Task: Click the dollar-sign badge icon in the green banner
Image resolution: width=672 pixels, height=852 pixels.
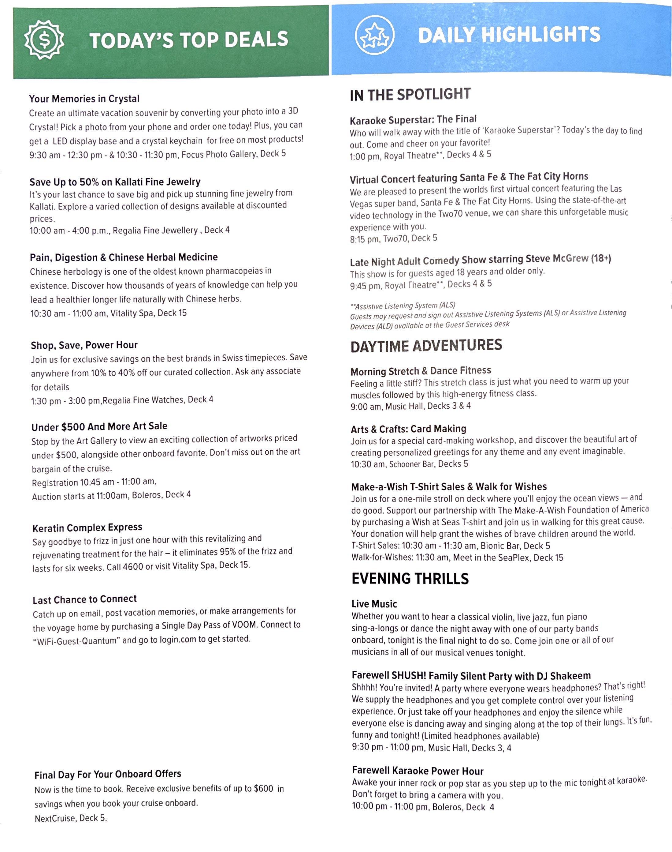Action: coord(44,40)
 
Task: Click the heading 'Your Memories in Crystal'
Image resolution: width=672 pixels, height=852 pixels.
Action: coord(84,99)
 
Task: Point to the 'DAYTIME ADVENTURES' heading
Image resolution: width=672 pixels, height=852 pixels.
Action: coord(426,346)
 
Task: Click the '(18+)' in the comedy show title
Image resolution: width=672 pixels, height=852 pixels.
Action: coord(601,259)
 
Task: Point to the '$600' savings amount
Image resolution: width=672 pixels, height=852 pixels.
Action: coord(263,789)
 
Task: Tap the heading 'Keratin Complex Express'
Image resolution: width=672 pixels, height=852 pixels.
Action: coord(87,527)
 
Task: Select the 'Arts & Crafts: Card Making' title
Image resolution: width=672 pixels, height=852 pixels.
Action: coord(408,429)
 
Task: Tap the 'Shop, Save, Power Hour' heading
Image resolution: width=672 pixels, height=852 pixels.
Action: coord(84,345)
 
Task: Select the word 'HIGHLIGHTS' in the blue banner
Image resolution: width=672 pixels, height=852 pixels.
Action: coord(541,35)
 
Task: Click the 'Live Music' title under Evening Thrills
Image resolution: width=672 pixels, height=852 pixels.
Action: coord(374,604)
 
